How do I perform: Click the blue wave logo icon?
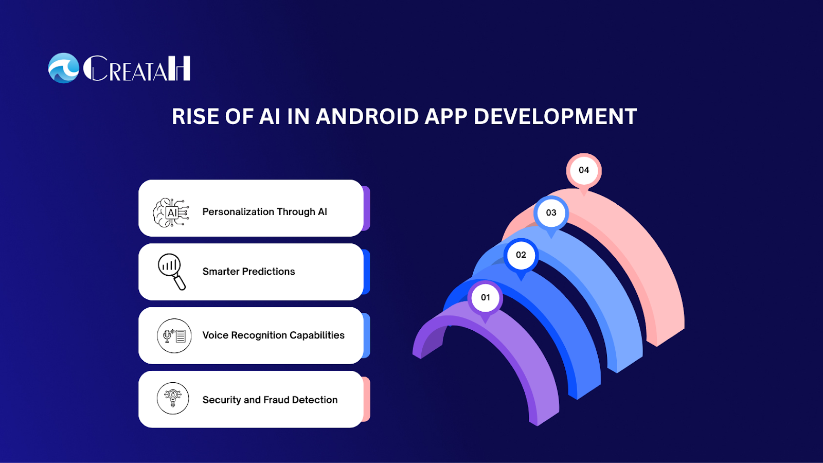pyautogui.click(x=64, y=68)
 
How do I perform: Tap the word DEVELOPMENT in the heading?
pyautogui.click(x=555, y=116)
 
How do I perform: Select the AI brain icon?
pyautogui.click(x=171, y=212)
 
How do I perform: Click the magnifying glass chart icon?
pyautogui.click(x=172, y=272)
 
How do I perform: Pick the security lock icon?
pyautogui.click(x=173, y=398)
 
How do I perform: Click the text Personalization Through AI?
pyautogui.click(x=264, y=212)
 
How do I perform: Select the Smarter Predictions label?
pyautogui.click(x=249, y=272)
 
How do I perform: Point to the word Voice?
pyautogui.click(x=216, y=335)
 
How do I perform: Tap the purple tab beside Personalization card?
pyautogui.click(x=366, y=208)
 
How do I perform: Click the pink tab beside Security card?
pyautogui.click(x=366, y=399)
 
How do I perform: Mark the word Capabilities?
pyautogui.click(x=317, y=335)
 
